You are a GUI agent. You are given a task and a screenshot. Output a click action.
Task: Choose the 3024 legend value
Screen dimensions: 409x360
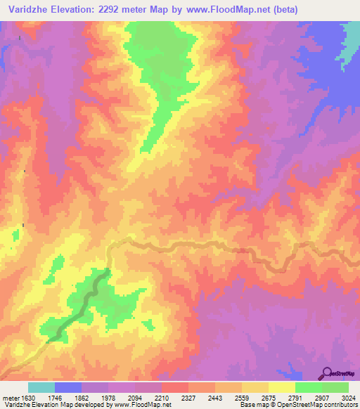[348, 398]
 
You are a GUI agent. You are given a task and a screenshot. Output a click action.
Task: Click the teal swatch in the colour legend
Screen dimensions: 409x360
[41, 387]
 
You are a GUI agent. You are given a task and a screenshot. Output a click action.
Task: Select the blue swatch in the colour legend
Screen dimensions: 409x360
[68, 387]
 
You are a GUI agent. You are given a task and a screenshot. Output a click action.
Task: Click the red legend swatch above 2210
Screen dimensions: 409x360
[175, 387]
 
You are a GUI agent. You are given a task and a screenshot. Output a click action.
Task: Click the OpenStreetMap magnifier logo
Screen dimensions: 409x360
[328, 372]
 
